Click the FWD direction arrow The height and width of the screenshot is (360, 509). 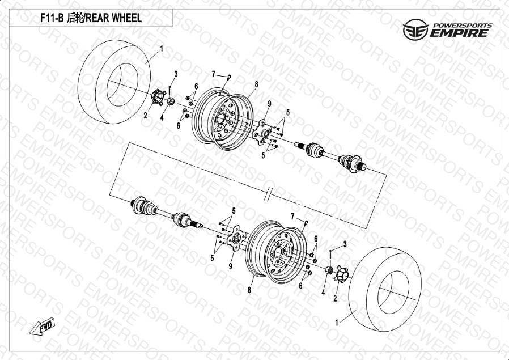pos(42,326)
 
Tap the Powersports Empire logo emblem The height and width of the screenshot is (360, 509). pos(415,29)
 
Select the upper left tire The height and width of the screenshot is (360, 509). pos(114,82)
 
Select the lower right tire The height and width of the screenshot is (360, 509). pos(385,289)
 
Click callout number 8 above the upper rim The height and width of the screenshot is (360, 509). pos(256,84)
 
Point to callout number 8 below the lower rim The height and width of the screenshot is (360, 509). pos(249,290)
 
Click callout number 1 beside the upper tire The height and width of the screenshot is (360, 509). pos(162,49)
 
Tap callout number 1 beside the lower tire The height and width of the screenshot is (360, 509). pos(337,323)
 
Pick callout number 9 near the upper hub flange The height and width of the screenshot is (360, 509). pos(269,104)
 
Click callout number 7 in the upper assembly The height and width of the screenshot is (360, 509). pos(213,74)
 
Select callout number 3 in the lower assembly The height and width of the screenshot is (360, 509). pos(345,244)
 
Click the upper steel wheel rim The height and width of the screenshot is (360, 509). pos(222,118)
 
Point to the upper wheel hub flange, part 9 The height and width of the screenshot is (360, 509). pos(262,133)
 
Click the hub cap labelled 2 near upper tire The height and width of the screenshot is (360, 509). pos(158,97)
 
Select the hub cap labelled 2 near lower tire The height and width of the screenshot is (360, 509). pos(341,274)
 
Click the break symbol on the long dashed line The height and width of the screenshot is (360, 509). pos(267,194)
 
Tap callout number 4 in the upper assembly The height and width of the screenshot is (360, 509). pos(162,118)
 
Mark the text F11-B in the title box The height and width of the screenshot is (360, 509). pos(51,18)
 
